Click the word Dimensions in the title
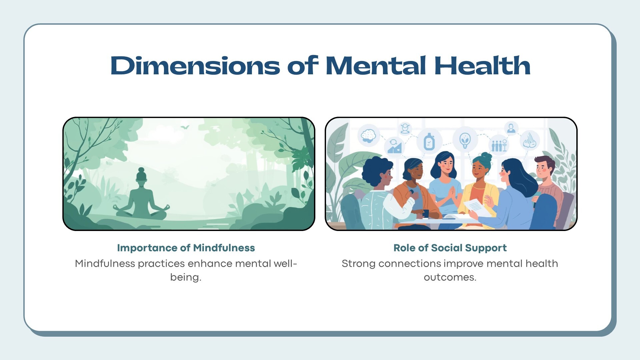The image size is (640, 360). coord(195,65)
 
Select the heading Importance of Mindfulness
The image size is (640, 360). coord(186,248)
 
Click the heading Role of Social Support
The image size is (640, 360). coord(450,248)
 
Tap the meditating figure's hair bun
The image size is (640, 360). coord(141,170)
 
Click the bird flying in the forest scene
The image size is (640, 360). coord(185,127)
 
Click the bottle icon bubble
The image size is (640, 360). coord(429,141)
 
